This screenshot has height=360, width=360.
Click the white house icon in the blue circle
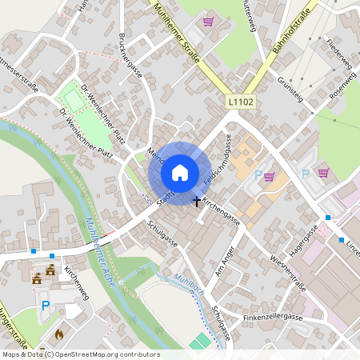coord(179,173)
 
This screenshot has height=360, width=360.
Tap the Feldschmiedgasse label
coord(217,161)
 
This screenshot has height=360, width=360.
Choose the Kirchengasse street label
coord(221,210)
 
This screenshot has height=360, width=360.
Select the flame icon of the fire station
coord(58,334)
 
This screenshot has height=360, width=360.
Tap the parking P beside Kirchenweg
coord(46,305)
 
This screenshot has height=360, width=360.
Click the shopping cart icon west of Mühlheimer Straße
coord(208,22)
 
